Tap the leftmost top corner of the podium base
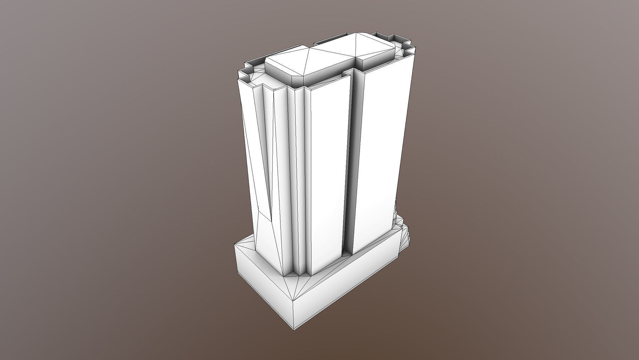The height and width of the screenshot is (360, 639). tap(236, 243)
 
